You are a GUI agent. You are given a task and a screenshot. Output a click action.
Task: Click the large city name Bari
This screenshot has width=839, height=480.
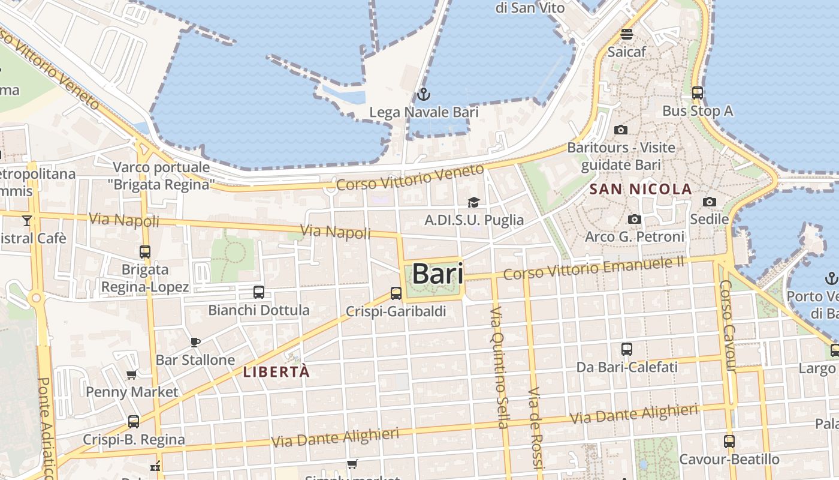coord(437,274)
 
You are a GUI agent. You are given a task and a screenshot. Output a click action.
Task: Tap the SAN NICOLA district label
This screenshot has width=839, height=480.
coord(641,190)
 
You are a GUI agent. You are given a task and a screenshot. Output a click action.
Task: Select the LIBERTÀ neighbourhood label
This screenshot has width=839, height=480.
coord(276,371)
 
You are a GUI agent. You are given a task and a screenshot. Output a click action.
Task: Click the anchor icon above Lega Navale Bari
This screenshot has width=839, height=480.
coord(423,94)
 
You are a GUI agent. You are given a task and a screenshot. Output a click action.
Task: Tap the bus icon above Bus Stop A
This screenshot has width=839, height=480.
coord(697,93)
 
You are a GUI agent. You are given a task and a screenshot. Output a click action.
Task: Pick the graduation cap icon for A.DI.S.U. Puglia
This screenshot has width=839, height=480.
coord(473,202)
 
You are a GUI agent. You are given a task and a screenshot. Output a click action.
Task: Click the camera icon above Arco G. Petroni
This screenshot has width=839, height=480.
coord(635,219)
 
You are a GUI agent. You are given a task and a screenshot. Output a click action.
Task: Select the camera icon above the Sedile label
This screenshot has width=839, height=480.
coord(709,202)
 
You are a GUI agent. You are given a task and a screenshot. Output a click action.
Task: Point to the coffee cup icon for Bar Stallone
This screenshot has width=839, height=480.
coord(195,342)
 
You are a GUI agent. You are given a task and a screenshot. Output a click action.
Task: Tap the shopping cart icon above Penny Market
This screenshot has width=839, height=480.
coord(131,375)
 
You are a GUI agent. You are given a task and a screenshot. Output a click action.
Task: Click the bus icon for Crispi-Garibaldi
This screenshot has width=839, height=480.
coord(396,293)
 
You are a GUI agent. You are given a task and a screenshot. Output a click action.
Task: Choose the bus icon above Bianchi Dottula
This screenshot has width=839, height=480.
coord(258,292)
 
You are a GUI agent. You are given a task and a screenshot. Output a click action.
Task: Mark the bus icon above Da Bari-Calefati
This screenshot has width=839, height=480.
coord(626,349)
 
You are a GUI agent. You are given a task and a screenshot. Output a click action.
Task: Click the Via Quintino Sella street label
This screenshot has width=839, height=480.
coord(499,367)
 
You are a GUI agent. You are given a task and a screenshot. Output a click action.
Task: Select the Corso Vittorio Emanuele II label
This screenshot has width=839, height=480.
coord(593,268)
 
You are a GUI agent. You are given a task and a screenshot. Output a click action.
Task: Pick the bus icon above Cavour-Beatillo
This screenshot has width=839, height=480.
coord(729,442)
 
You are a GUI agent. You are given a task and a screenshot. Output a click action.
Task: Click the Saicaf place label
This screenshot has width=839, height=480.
coord(627,52)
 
